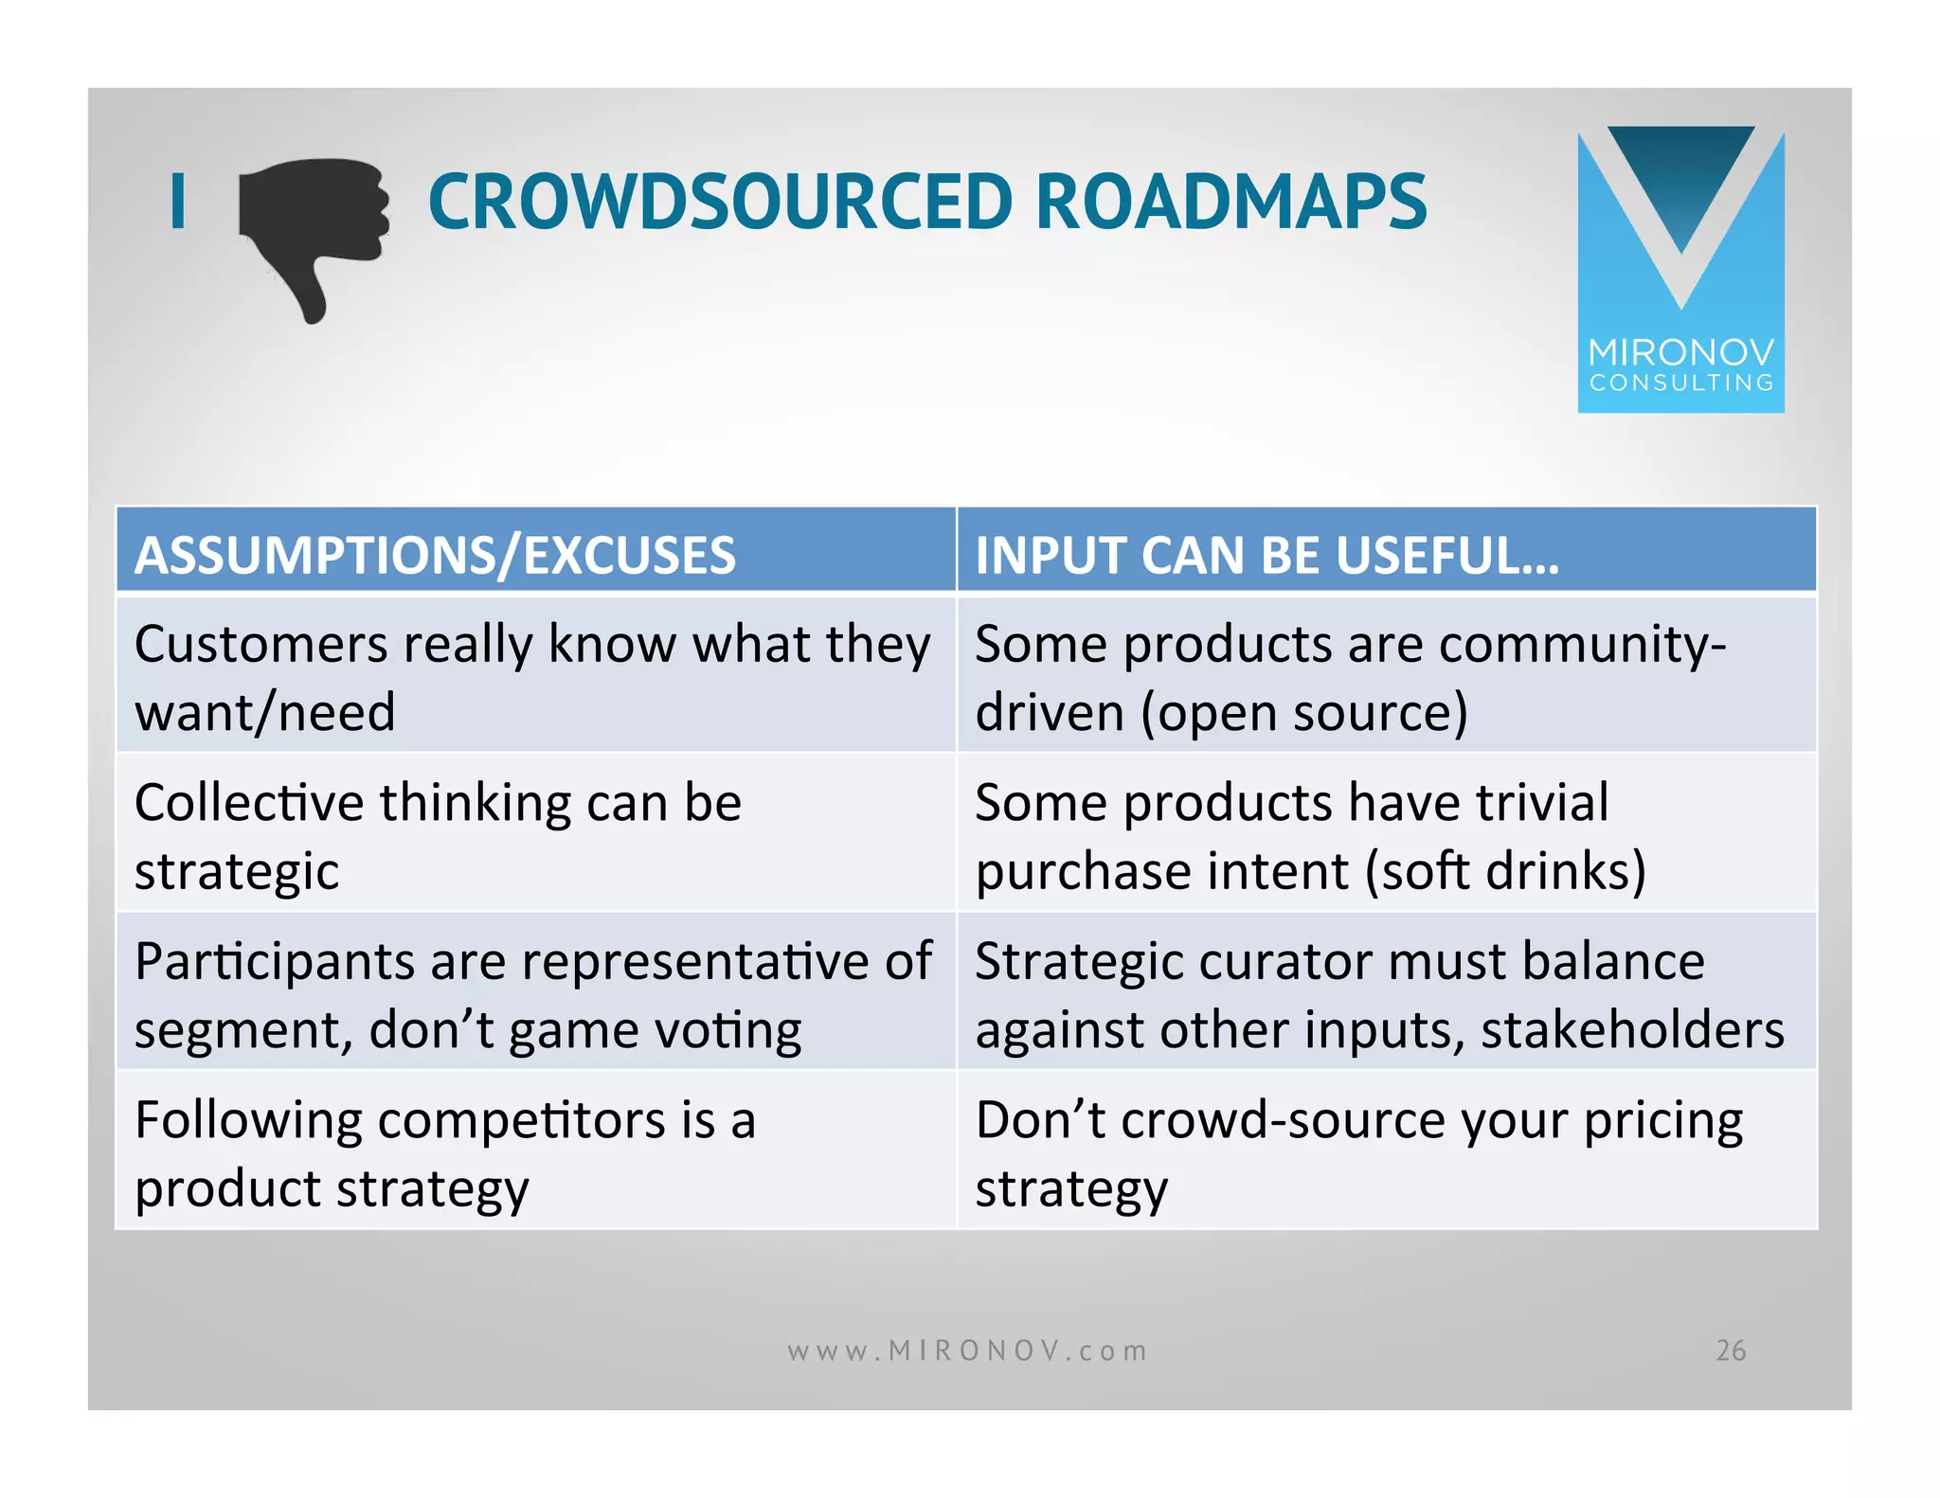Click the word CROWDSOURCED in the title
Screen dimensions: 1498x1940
(720, 202)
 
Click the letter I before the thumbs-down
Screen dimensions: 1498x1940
(177, 202)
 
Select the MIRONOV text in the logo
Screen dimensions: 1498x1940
(1680, 353)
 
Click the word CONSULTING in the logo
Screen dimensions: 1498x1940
(1680, 383)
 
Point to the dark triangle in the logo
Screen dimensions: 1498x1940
(1680, 180)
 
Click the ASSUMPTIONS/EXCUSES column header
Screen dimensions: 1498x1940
(435, 555)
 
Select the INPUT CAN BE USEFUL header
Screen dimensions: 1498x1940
(1266, 555)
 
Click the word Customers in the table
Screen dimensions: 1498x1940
(260, 645)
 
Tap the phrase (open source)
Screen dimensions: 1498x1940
(1303, 712)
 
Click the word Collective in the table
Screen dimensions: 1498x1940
(248, 803)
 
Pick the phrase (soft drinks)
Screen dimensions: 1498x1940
(1505, 871)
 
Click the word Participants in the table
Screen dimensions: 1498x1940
(274, 962)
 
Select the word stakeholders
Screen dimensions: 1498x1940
(1632, 1030)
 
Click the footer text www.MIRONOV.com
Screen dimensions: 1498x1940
(967, 1350)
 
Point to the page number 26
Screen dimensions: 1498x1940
(1731, 1350)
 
